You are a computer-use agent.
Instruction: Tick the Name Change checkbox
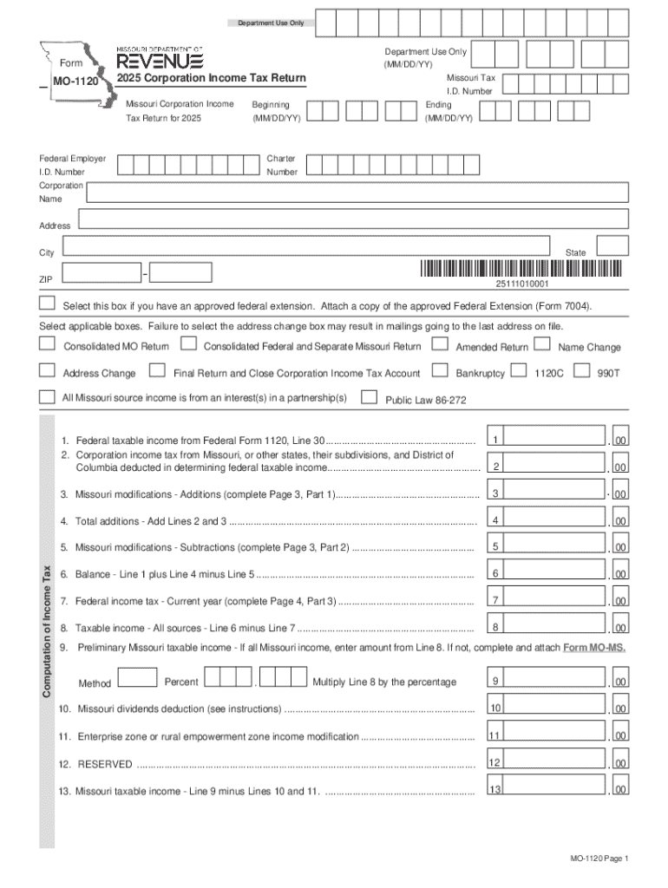[x=542, y=345]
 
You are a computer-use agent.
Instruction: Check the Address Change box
[x=47, y=372]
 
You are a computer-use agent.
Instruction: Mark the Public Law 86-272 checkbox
[x=369, y=398]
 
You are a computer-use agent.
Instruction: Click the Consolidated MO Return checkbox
[x=47, y=345]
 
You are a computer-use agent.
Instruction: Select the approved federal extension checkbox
[x=47, y=304]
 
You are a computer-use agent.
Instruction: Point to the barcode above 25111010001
[x=521, y=269]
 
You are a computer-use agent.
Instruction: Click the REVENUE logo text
[x=160, y=61]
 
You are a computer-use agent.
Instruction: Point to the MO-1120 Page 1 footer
[x=599, y=859]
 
